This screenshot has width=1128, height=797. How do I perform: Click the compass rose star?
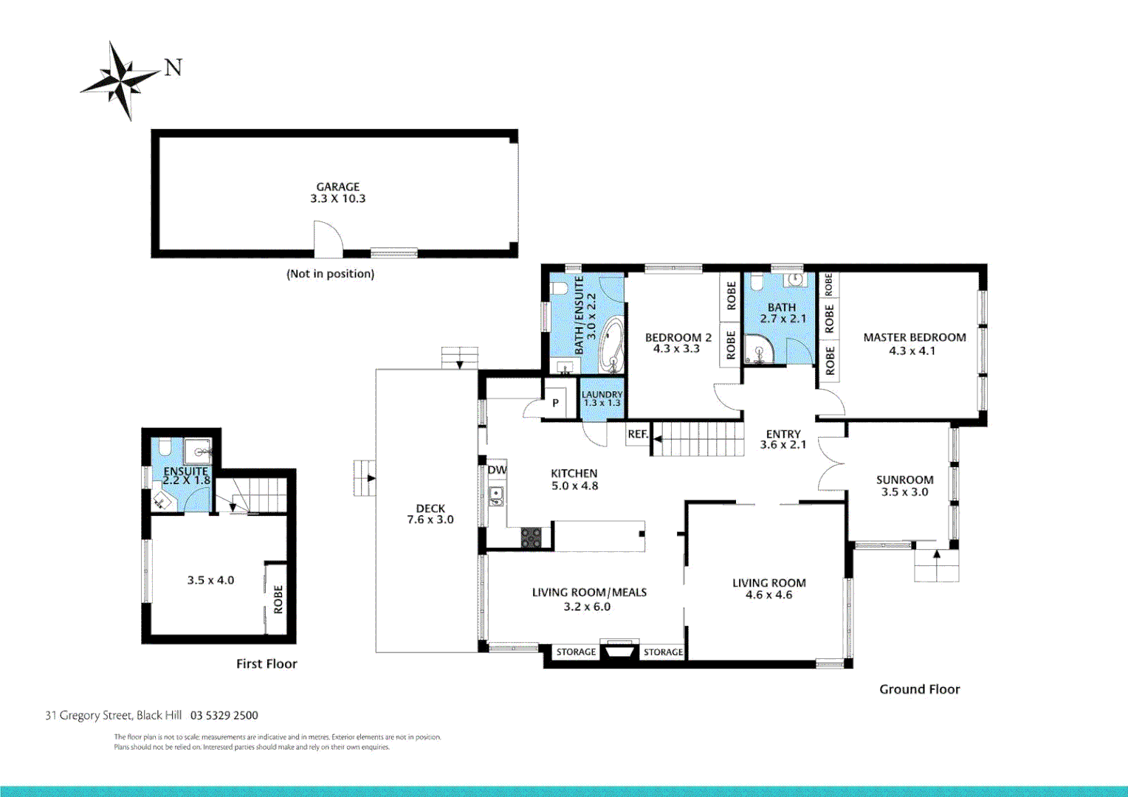pyautogui.click(x=121, y=80)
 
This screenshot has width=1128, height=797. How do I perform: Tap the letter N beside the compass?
pyautogui.click(x=173, y=68)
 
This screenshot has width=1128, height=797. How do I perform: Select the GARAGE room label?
pyautogui.click(x=338, y=187)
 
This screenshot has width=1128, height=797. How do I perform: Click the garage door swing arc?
pyautogui.click(x=329, y=238)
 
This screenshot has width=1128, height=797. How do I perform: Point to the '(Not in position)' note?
pyautogui.click(x=330, y=274)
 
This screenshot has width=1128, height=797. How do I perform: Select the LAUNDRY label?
pyautogui.click(x=602, y=395)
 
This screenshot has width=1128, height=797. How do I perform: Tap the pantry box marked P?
pyautogui.click(x=555, y=403)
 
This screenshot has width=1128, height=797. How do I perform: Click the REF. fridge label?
pyautogui.click(x=638, y=435)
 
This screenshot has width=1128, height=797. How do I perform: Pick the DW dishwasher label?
pyautogui.click(x=497, y=470)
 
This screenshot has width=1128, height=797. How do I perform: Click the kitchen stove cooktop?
pyautogui.click(x=531, y=537)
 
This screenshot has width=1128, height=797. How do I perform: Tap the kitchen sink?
pyautogui.click(x=496, y=496)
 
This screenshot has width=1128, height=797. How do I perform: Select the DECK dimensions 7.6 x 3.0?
pyautogui.click(x=430, y=520)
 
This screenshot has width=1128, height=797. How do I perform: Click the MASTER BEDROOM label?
pyautogui.click(x=915, y=337)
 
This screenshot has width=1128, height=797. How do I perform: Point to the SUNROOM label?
pyautogui.click(x=904, y=480)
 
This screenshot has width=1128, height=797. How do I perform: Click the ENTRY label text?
pyautogui.click(x=783, y=434)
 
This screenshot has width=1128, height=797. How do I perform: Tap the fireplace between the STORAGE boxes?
pyautogui.click(x=619, y=652)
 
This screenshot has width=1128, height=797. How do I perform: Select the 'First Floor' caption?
pyautogui.click(x=266, y=664)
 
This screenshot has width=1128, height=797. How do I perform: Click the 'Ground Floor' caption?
pyautogui.click(x=919, y=689)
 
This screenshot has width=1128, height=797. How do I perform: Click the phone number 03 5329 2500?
pyautogui.click(x=224, y=715)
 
